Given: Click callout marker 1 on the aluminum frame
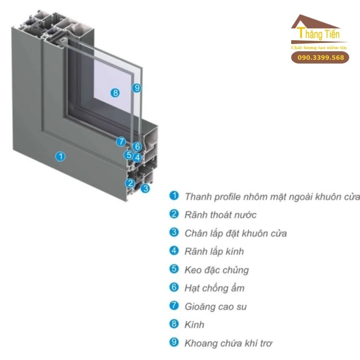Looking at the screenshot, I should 61,156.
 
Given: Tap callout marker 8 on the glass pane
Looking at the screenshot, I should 115,93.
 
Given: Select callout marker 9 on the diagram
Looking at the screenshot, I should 136,88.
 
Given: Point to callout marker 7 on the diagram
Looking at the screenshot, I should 121,142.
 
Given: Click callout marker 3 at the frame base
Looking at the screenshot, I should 145,188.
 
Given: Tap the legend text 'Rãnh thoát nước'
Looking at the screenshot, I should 220,215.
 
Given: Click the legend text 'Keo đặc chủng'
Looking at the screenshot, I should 216,270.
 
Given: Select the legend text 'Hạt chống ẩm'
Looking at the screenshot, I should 214,288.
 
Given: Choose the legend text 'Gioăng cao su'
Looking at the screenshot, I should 215,306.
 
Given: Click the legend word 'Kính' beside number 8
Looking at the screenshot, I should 194,324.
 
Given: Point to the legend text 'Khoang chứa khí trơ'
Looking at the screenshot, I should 228,343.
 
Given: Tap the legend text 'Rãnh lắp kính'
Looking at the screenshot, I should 214,251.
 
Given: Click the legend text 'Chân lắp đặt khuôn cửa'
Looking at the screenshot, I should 235,233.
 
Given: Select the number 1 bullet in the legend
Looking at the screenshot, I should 174,196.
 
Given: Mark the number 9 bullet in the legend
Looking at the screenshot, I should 174,342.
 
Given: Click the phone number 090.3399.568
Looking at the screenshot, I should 321,58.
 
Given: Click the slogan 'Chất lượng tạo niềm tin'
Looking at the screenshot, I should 319,47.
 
